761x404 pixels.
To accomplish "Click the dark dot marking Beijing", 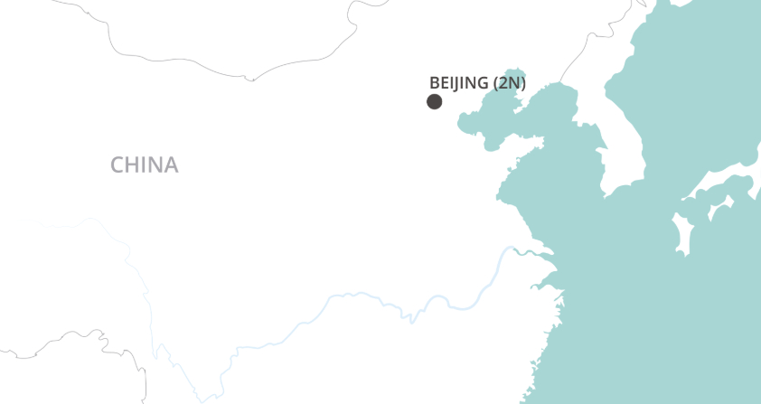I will pos(435,101).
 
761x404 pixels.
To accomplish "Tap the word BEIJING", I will pos(459,83).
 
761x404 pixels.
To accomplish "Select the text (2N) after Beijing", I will pos(509,83).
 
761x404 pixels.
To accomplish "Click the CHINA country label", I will pos(145,164).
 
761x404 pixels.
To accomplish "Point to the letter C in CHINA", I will pos(117,164).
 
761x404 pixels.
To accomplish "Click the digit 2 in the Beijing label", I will pos(504,83).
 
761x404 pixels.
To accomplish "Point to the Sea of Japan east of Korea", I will pos(705,108).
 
